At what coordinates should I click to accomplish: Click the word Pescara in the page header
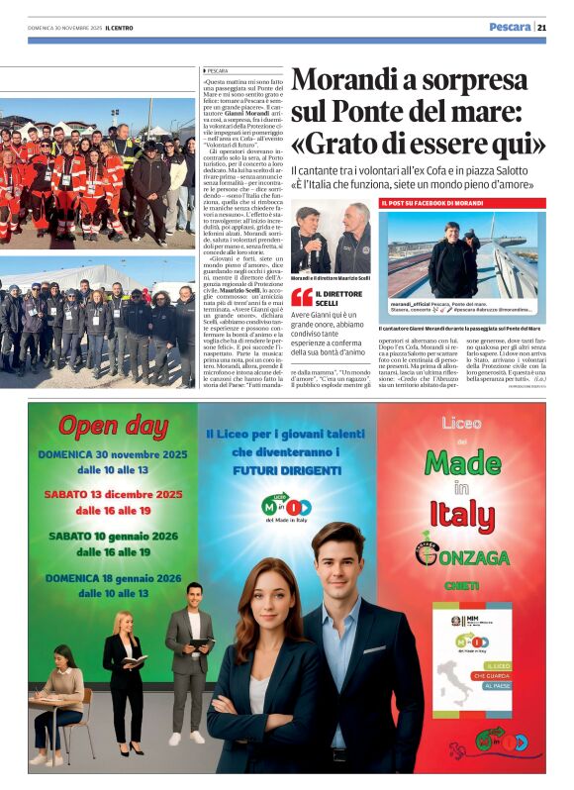tap(510, 27)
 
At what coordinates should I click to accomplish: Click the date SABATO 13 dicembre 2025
tap(113, 493)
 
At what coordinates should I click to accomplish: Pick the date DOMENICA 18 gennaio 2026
tap(113, 577)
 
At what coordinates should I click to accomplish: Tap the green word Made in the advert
tap(462, 461)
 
